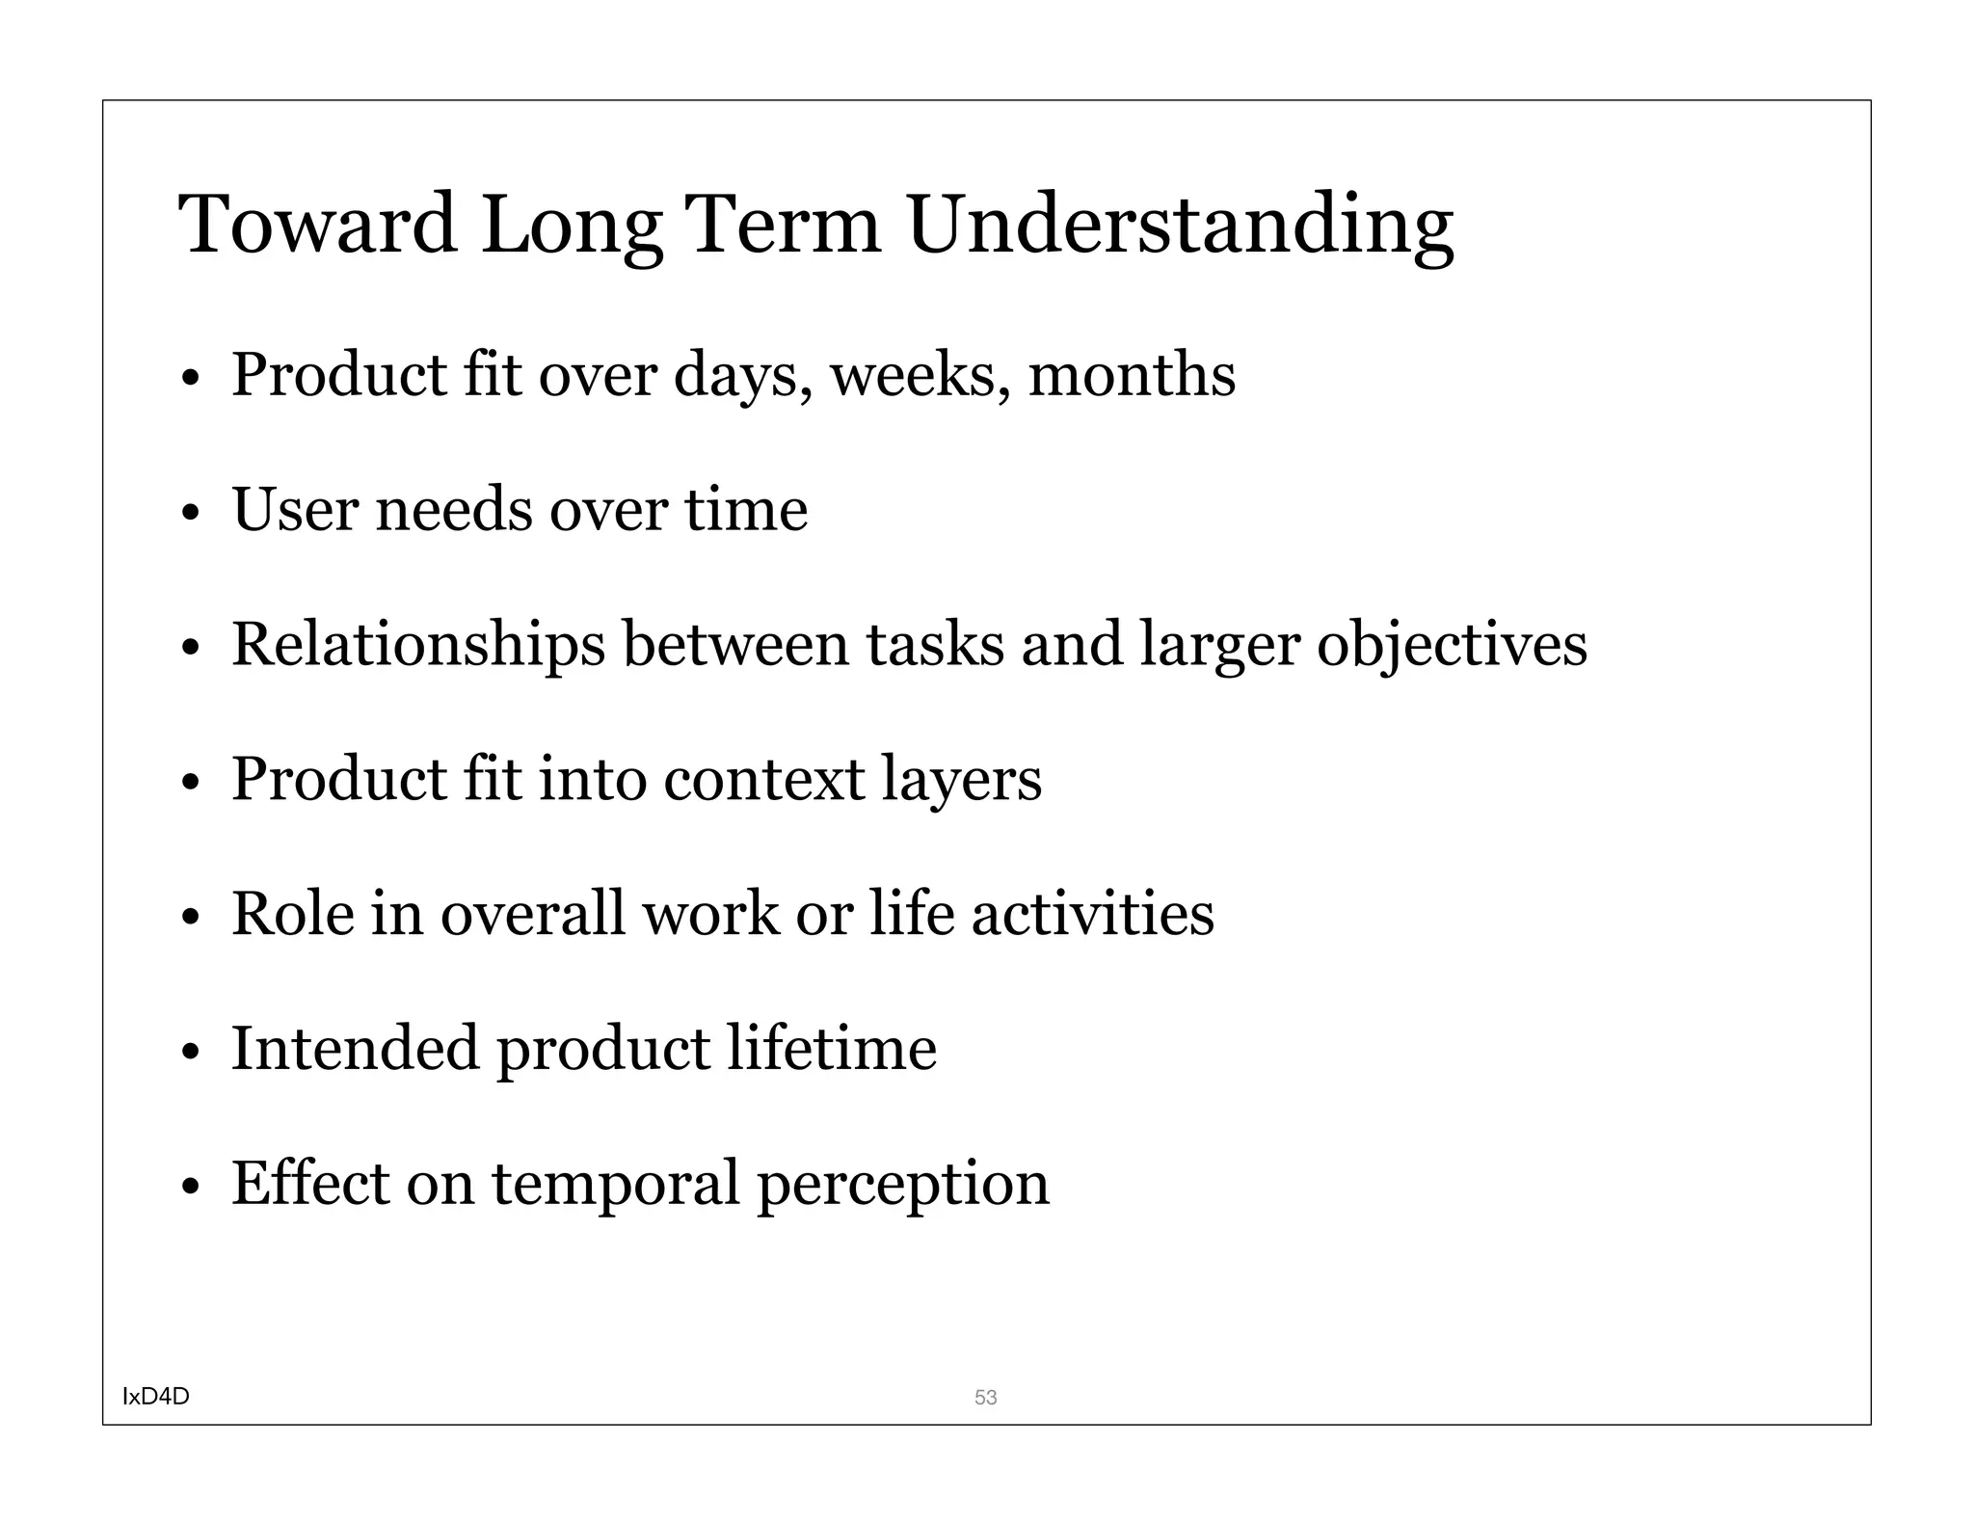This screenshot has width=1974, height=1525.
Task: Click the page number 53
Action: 985,1397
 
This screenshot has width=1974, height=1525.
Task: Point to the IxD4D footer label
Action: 156,1396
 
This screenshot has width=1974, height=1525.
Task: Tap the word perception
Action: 902,1186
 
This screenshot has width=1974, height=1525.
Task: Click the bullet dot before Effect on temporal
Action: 190,1187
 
